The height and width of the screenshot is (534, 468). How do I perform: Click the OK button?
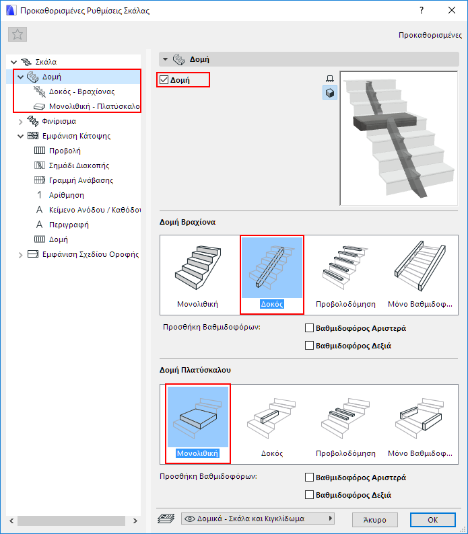[432, 520]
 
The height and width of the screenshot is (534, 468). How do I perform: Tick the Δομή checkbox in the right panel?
[164, 79]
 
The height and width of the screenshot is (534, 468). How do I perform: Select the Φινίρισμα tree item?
[59, 121]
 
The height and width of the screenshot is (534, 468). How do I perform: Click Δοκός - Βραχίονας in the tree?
[82, 91]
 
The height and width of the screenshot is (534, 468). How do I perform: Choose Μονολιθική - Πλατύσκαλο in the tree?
[94, 106]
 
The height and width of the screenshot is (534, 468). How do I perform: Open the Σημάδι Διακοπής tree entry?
[79, 165]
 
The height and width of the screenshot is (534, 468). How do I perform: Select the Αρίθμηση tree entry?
[67, 195]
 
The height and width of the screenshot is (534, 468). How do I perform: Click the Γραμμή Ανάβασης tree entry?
[81, 180]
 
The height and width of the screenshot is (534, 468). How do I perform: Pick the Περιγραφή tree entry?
[69, 225]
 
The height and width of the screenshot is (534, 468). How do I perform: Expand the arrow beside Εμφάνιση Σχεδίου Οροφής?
[20, 255]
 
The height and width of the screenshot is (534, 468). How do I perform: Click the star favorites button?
[18, 34]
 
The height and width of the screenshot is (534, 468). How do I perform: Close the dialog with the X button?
[452, 10]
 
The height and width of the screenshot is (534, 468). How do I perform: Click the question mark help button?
[422, 10]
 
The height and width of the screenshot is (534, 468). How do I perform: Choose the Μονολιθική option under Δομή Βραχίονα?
[197, 274]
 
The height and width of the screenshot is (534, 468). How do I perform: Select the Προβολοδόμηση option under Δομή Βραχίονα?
[345, 274]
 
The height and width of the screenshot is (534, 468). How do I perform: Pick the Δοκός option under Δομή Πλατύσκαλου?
[272, 424]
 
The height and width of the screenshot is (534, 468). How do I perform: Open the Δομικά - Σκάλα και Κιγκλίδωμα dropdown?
[257, 519]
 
